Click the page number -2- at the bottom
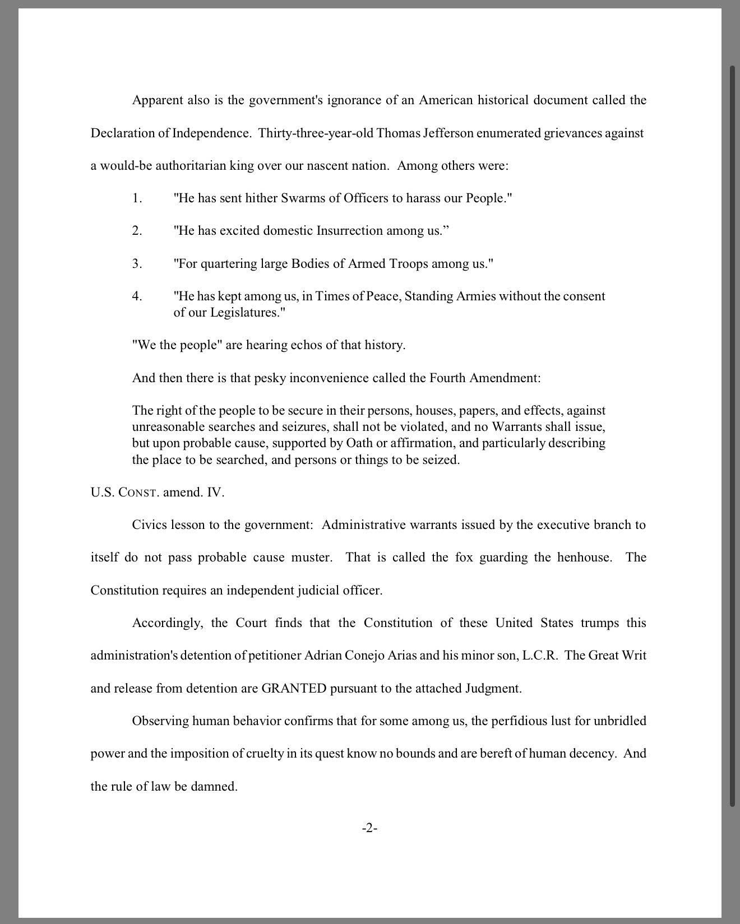pyautogui.click(x=369, y=828)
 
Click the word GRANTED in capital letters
pyautogui.click(x=294, y=688)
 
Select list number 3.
pyautogui.click(x=137, y=263)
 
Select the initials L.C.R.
pyautogui.click(x=539, y=655)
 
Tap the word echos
pyautogui.click(x=306, y=345)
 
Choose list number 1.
pyautogui.click(x=137, y=198)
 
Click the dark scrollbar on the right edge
pyautogui.click(x=732, y=437)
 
